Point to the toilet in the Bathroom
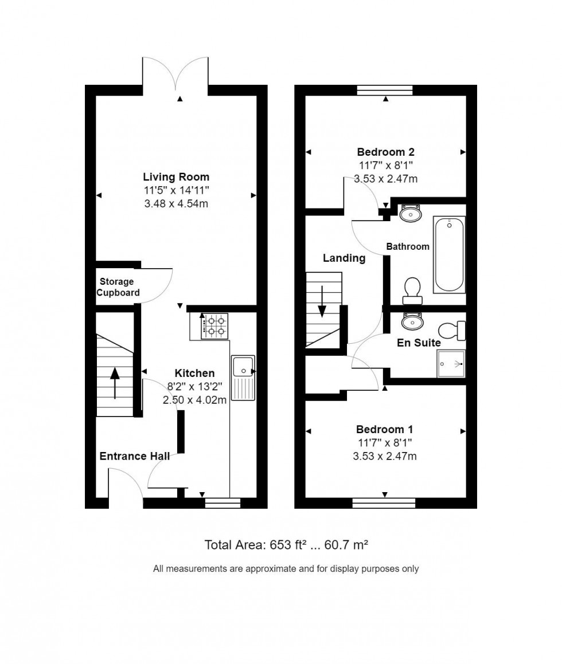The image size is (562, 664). click(x=412, y=290)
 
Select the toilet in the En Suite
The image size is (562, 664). click(x=452, y=330)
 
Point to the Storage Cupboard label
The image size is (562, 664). click(x=118, y=287)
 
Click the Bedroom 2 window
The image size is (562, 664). click(x=385, y=89)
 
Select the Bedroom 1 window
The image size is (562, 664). click(x=384, y=503)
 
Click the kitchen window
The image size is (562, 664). click(x=223, y=503)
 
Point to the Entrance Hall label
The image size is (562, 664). click(x=135, y=457)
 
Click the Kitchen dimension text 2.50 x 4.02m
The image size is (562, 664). click(x=195, y=400)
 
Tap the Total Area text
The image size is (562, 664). click(x=286, y=545)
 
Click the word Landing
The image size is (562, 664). click(x=344, y=258)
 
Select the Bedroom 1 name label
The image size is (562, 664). click(x=385, y=430)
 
